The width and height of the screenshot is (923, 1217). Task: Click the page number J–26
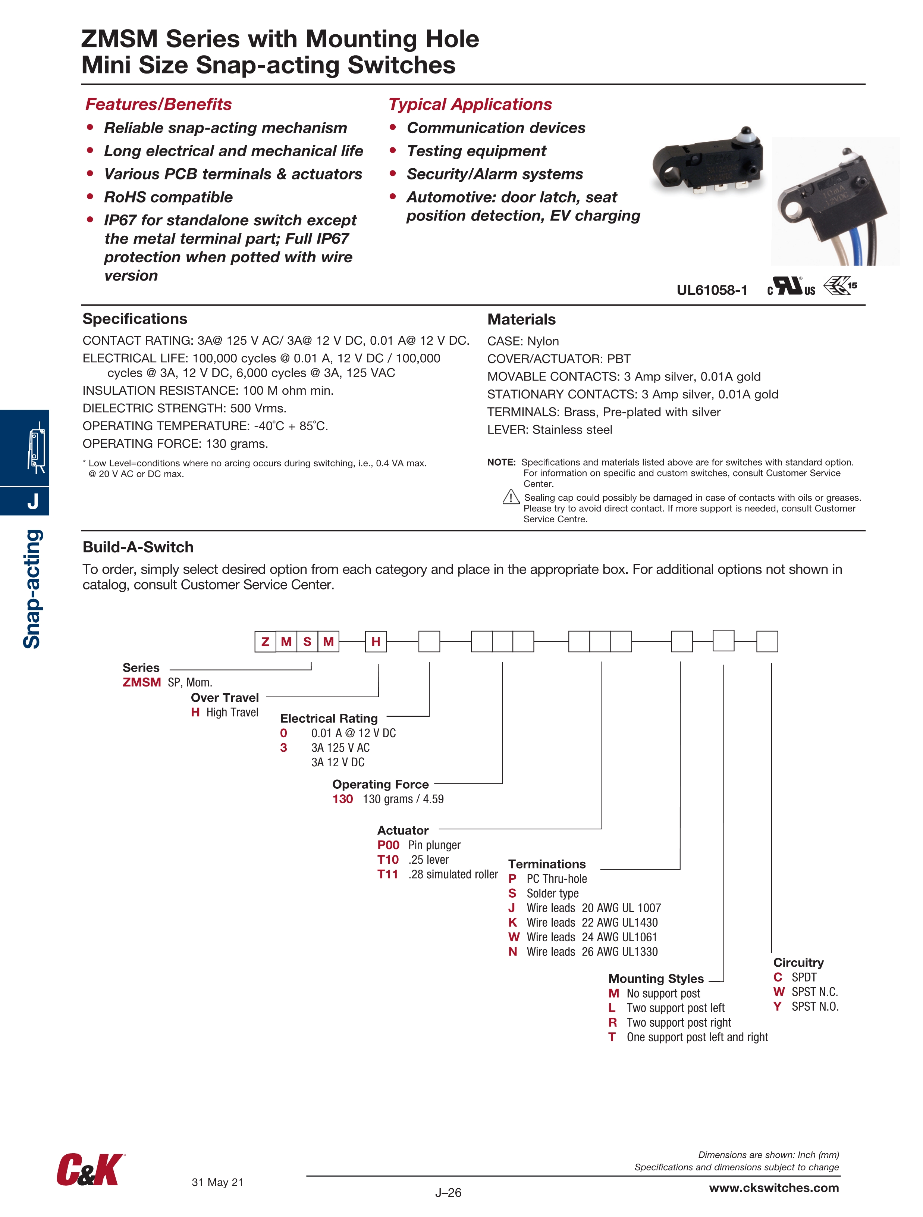click(x=448, y=1192)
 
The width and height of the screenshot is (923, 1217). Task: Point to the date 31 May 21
click(x=217, y=1182)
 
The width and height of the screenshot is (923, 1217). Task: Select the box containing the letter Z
click(x=265, y=641)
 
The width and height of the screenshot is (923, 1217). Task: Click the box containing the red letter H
click(x=376, y=641)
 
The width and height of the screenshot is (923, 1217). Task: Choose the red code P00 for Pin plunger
click(x=388, y=845)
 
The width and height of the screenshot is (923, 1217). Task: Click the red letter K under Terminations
click(x=513, y=923)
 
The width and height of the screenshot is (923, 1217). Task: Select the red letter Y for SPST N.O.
click(x=777, y=1006)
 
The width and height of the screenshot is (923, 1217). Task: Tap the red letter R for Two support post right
click(x=612, y=1022)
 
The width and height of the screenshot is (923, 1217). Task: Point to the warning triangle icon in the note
click(x=511, y=497)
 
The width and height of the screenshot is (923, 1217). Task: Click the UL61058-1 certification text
click(x=712, y=290)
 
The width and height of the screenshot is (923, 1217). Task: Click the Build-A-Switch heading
click(x=138, y=547)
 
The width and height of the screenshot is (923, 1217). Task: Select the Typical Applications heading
click(x=470, y=104)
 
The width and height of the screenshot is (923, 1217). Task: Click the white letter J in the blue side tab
click(x=33, y=501)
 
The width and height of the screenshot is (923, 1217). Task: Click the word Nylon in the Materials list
click(x=543, y=341)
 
